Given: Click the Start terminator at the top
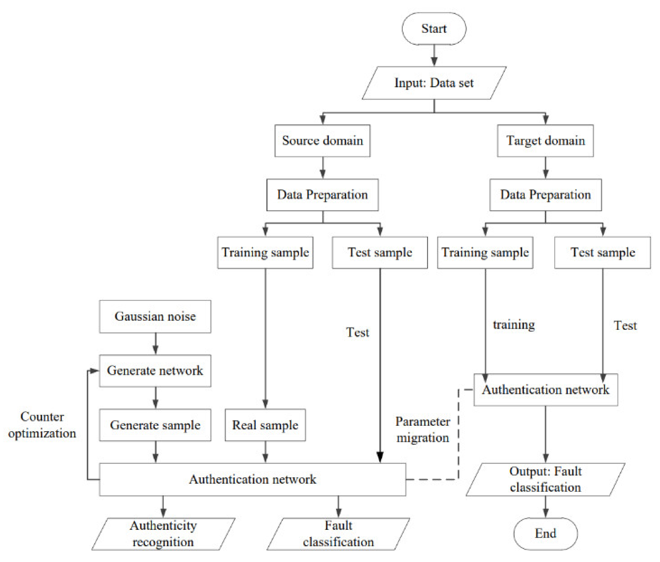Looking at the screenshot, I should click(434, 29).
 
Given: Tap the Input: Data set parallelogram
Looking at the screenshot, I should click(434, 83).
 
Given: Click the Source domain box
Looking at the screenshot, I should click(322, 140).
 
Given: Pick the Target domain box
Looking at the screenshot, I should click(545, 140).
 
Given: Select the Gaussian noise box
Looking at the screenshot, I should click(155, 316).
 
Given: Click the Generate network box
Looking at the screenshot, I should click(155, 370).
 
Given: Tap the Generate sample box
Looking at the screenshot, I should click(155, 425).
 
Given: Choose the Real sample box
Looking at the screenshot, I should click(265, 425).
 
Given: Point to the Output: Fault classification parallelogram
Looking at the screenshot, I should click(545, 479).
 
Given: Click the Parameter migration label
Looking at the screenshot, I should click(422, 429).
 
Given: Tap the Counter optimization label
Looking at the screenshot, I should click(42, 425).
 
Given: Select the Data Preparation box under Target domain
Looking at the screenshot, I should click(545, 195).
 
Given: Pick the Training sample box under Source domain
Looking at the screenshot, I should click(265, 252).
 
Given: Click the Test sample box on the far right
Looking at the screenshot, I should click(602, 252).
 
